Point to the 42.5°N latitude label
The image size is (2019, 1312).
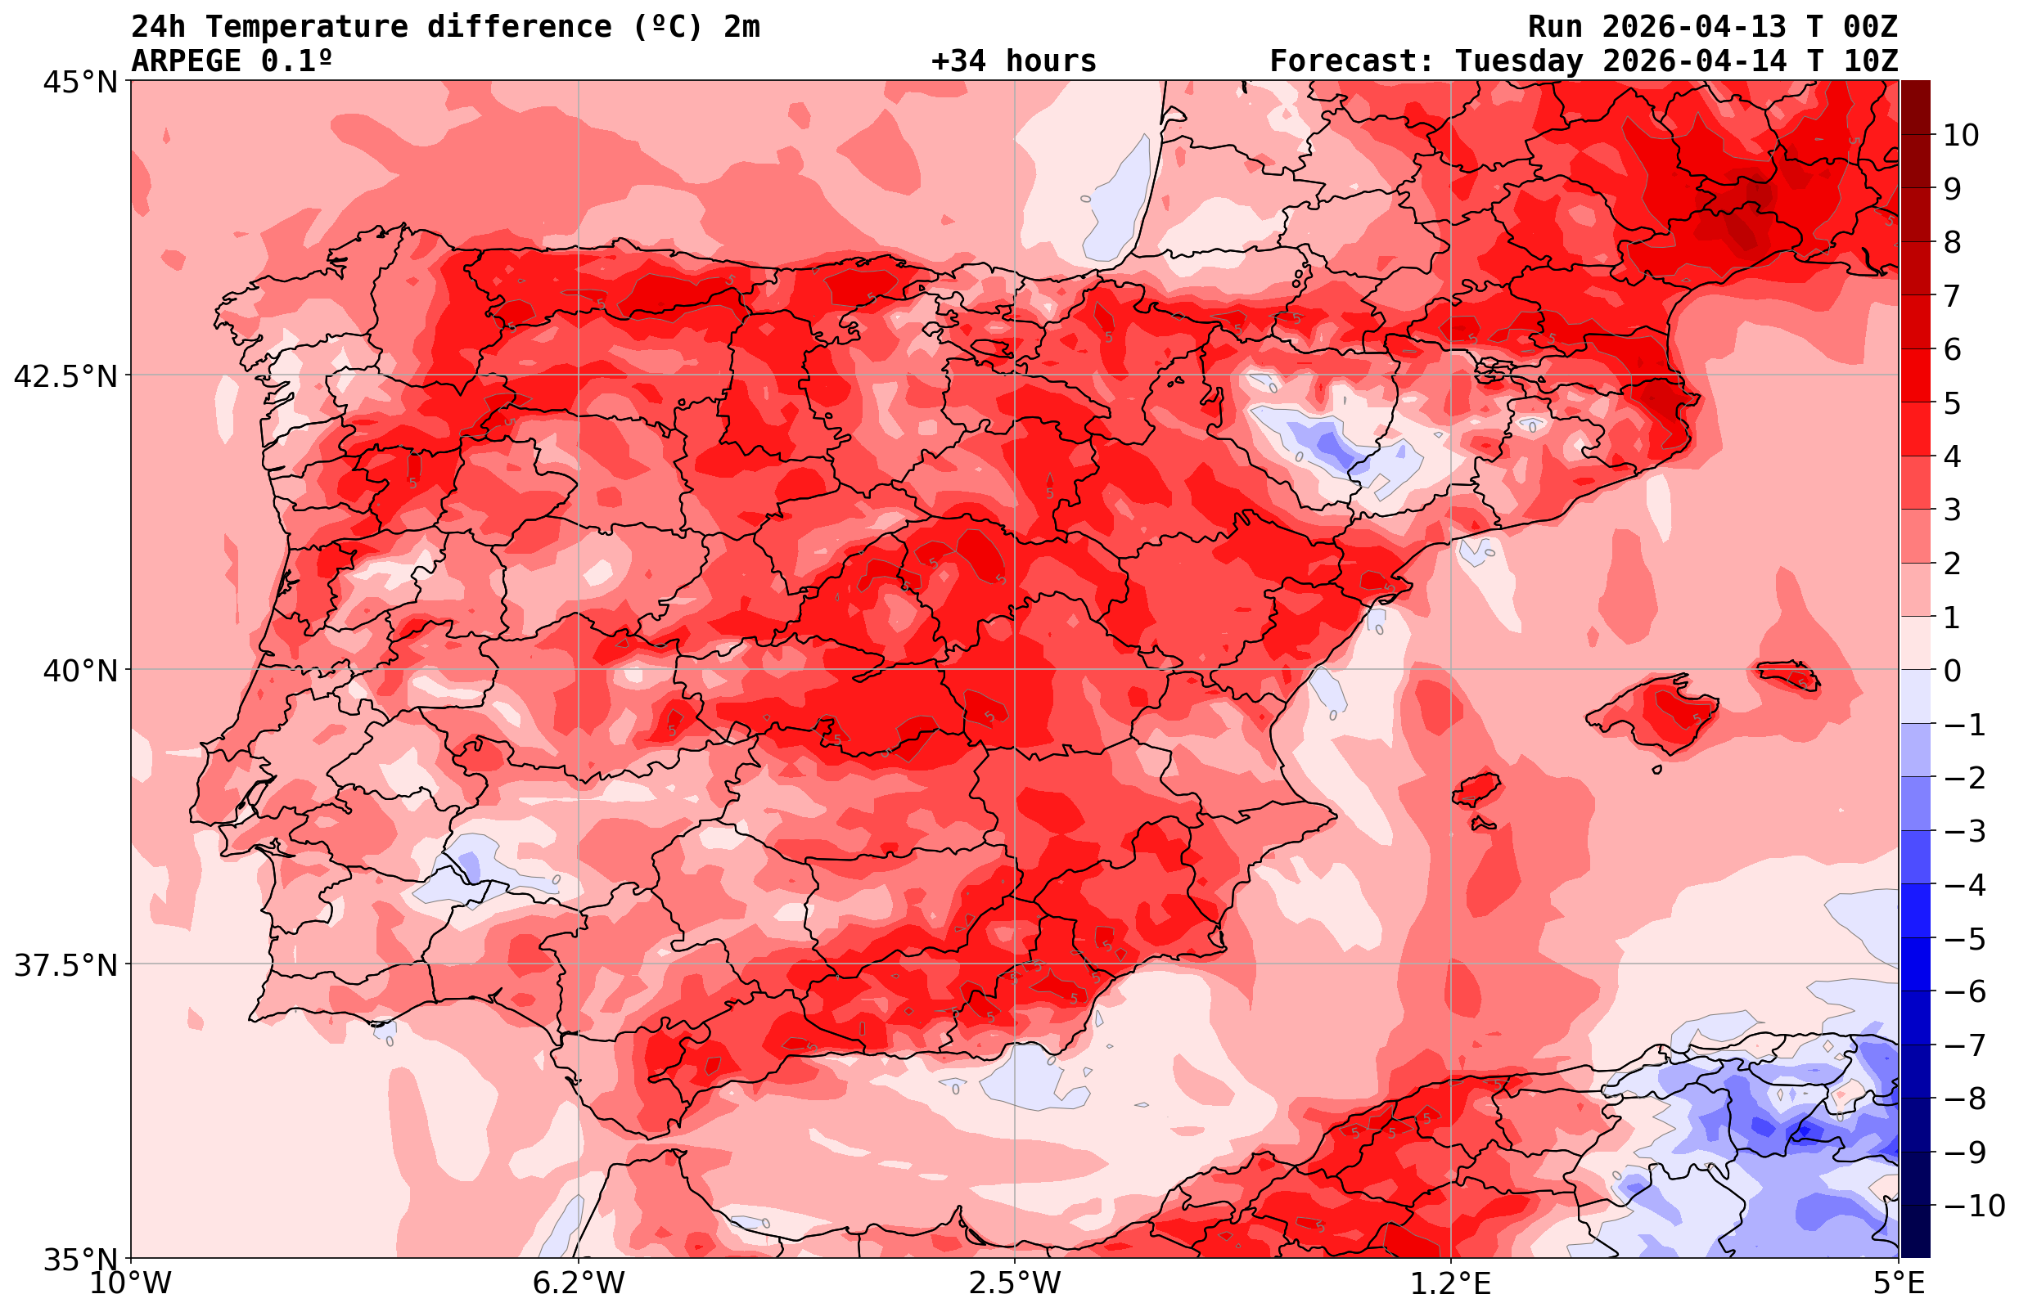click(65, 376)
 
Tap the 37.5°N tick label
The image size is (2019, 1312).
click(65, 965)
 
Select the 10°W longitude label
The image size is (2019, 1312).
click(131, 1283)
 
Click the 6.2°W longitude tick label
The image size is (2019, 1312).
click(579, 1283)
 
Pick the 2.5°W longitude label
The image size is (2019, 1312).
click(1015, 1283)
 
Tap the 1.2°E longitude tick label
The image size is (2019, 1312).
click(1451, 1283)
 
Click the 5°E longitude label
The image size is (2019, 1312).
click(1898, 1283)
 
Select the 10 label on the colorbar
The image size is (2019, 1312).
click(1960, 135)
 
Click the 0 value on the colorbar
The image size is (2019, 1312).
click(1952, 671)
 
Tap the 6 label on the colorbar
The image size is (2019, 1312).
click(1952, 349)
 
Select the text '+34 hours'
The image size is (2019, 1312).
click(1013, 61)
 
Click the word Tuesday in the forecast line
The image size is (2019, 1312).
click(1518, 61)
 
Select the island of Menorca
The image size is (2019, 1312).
click(1787, 674)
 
